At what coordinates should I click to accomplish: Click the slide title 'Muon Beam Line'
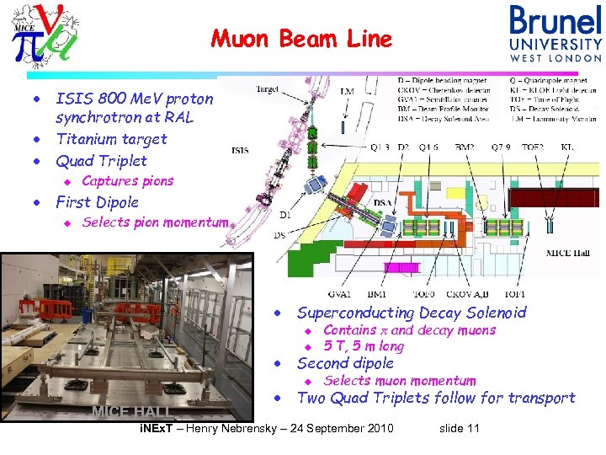click(301, 39)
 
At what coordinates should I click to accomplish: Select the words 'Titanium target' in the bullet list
click(111, 139)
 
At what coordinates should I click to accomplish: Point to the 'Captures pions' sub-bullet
click(127, 181)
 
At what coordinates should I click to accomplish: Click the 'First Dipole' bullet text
click(97, 202)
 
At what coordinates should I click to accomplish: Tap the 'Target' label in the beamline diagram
click(268, 87)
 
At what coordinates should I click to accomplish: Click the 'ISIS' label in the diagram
click(241, 151)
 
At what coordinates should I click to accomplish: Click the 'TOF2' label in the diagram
click(533, 147)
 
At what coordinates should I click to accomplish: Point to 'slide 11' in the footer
click(460, 429)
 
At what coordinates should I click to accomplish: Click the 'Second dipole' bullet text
click(345, 363)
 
